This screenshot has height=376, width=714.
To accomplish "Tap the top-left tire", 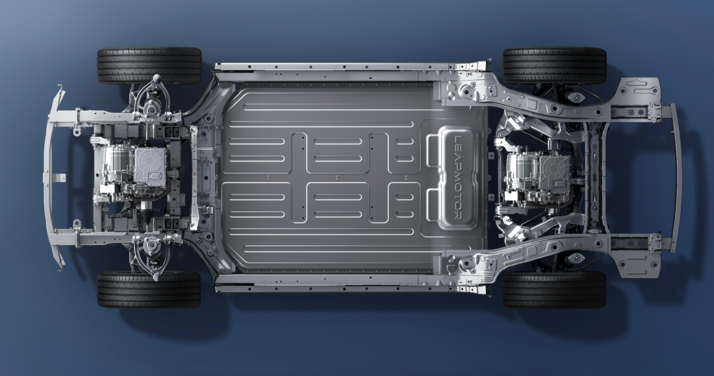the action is tap(149, 66).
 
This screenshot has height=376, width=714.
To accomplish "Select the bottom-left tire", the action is tap(149, 289).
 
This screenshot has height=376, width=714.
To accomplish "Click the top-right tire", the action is tap(554, 65).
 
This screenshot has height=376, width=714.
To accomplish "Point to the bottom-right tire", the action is tap(554, 290).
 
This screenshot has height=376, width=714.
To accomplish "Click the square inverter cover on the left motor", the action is tap(150, 165).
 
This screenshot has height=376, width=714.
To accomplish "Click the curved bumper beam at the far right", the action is tap(677, 178).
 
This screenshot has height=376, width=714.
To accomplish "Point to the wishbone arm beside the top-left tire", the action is tap(153, 96).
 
